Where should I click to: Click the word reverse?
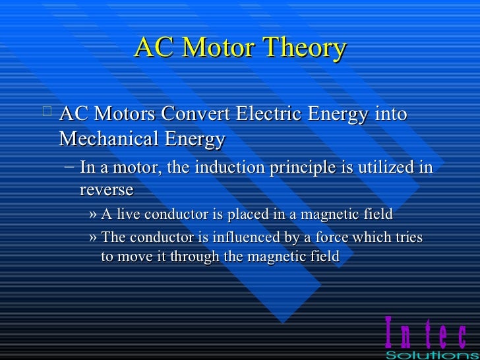tap(106, 190)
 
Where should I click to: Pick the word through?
tap(195, 256)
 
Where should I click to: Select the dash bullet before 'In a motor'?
tap(69, 166)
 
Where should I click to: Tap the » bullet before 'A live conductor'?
tap(92, 214)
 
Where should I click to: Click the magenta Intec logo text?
tap(425, 334)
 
